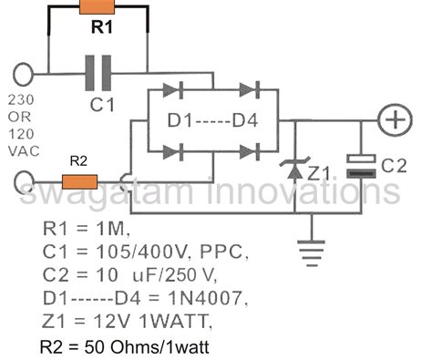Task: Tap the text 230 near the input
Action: (22, 101)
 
